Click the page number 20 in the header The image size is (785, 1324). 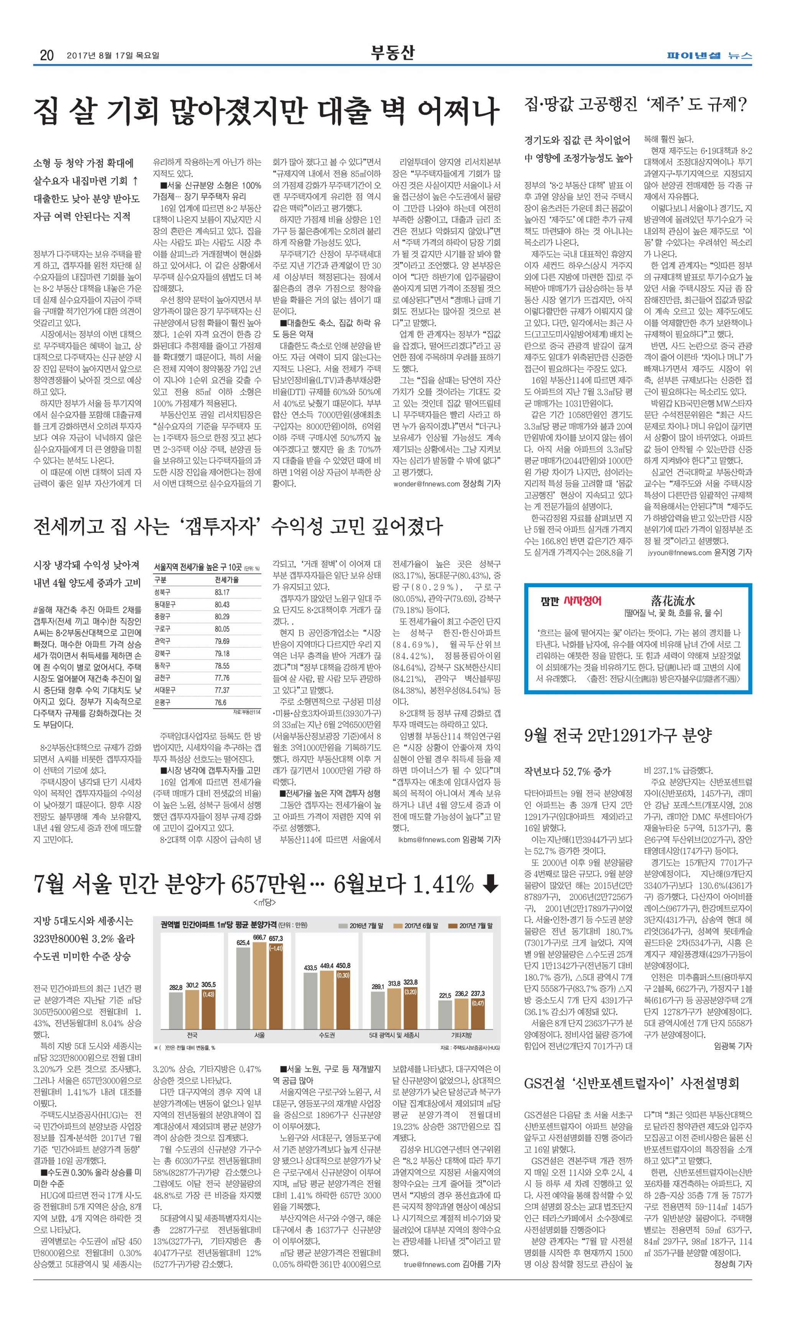pyautogui.click(x=46, y=55)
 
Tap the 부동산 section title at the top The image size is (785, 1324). pyautogui.click(x=392, y=53)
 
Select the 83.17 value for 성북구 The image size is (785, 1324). pyautogui.click(x=222, y=592)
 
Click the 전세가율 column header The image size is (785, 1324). pyautogui.click(x=227, y=580)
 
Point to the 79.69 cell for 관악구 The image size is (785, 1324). pyautogui.click(x=222, y=641)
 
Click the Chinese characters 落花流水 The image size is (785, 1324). pyautogui.click(x=672, y=601)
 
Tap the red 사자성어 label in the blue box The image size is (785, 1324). pyautogui.click(x=582, y=601)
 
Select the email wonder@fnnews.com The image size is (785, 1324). pyautogui.click(x=426, y=484)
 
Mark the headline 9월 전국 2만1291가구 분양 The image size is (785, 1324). pyautogui.click(x=618, y=735)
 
